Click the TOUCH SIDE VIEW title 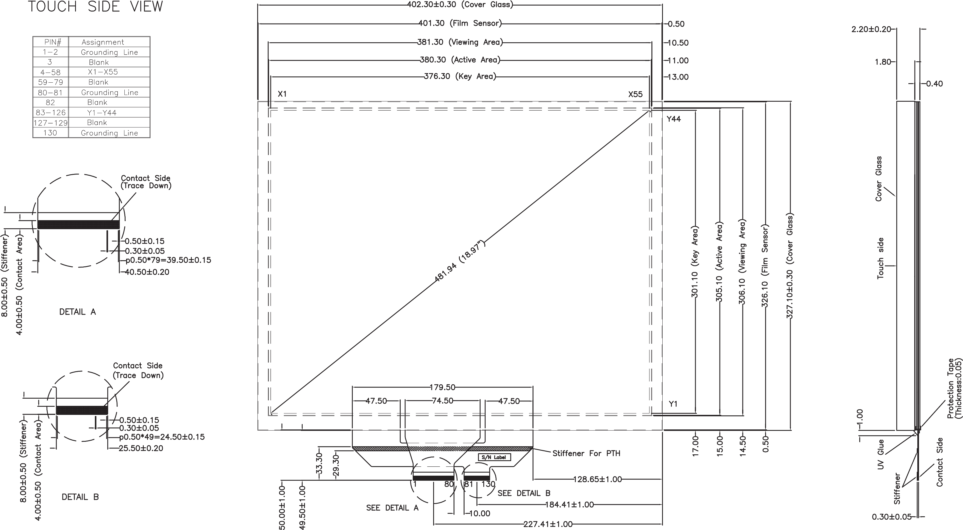(x=96, y=6)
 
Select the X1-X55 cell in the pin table (x=105, y=72)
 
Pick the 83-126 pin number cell (x=50, y=113)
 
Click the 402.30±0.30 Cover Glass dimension (x=460, y=4)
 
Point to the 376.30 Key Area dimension (x=460, y=77)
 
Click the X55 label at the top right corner (x=635, y=94)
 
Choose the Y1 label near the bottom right (x=673, y=404)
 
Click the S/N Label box (x=494, y=457)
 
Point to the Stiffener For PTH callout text (x=586, y=453)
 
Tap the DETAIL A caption (x=77, y=312)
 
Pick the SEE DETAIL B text (x=524, y=493)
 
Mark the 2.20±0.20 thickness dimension (x=871, y=29)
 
